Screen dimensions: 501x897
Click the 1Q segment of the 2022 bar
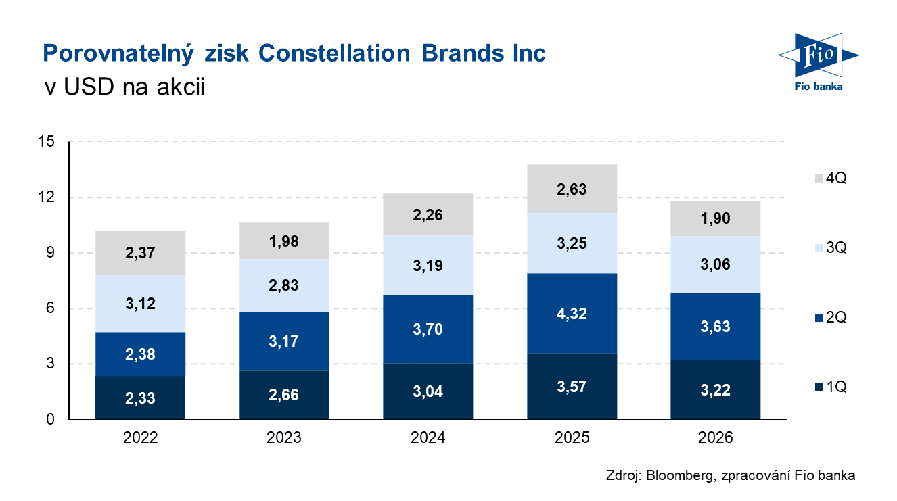(141, 398)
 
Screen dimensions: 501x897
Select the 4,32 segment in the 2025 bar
(572, 314)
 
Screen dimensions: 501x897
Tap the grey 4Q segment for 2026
(716, 218)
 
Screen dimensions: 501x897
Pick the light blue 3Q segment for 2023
(284, 285)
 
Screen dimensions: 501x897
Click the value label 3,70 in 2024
(428, 329)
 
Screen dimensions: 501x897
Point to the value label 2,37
(141, 253)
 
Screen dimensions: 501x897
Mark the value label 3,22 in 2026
(716, 390)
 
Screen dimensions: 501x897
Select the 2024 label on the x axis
(428, 438)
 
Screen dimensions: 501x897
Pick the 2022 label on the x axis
(141, 438)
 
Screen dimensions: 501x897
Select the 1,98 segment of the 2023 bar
(284, 241)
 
